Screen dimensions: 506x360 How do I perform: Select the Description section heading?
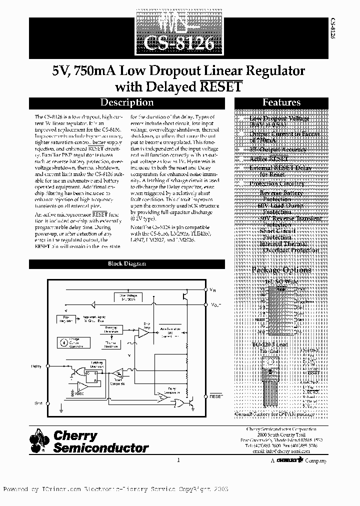pyautogui.click(x=127, y=102)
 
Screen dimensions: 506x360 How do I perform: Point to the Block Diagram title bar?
pyautogui.click(x=127, y=263)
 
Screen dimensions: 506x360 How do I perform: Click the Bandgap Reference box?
pyautogui.click(x=111, y=330)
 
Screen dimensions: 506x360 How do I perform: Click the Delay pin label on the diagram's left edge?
pyautogui.click(x=37, y=366)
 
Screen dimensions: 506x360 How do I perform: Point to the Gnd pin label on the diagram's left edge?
pyautogui.click(x=38, y=402)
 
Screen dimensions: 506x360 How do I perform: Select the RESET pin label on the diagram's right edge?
pyautogui.click(x=216, y=395)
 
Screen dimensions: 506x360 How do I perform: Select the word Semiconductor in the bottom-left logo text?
pyautogui.click(x=101, y=448)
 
